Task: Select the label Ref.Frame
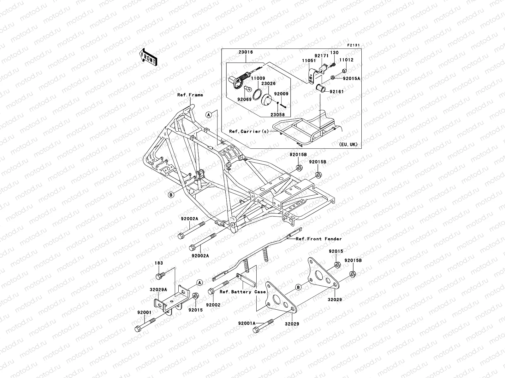(190, 95)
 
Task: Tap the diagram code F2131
(354, 45)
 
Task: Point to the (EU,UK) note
(348, 144)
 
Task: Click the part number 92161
(337, 92)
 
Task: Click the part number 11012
(346, 60)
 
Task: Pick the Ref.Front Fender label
(319, 239)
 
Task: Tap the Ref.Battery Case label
(243, 292)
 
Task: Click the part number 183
(159, 263)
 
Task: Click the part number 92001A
(247, 324)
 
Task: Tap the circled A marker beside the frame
(208, 115)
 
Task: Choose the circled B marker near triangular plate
(299, 287)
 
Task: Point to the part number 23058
(277, 115)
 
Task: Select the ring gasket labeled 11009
(258, 94)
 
